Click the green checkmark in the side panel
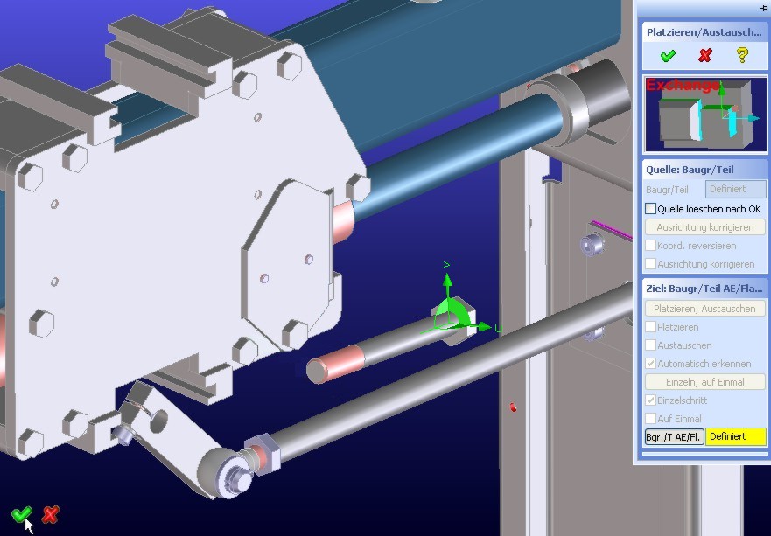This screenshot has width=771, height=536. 668,55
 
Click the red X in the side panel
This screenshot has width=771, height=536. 705,55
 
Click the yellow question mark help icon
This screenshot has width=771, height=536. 742,55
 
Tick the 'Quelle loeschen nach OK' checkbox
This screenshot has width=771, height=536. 650,209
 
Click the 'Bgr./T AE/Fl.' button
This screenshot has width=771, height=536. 674,437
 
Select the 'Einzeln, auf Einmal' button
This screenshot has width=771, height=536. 705,382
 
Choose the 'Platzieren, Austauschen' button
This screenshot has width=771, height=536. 705,309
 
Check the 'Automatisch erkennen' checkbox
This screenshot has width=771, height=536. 650,364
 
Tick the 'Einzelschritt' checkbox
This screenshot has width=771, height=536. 650,400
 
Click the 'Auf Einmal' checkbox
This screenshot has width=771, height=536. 650,419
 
